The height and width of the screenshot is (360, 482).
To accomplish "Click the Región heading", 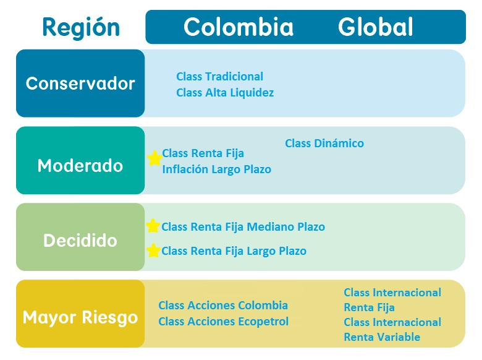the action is (81, 28).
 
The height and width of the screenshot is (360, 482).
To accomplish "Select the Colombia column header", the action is (239, 27).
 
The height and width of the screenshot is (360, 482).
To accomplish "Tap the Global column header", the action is (375, 27).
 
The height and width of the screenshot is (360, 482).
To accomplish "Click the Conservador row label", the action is (80, 84).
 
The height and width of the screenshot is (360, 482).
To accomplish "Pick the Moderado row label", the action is (80, 166).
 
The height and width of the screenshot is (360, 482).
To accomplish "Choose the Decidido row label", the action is (80, 240).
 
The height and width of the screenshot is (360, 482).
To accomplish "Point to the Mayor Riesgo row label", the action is (80, 317).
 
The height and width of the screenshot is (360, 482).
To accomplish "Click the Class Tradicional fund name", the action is (219, 76).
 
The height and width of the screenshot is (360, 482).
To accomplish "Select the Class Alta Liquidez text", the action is (225, 93).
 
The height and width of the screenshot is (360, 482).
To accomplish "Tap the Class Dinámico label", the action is (324, 143).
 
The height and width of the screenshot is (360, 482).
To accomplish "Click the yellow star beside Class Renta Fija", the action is (154, 158).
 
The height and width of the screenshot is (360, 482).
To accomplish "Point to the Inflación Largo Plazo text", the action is (217, 169).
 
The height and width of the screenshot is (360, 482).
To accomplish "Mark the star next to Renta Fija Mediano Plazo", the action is (153, 226).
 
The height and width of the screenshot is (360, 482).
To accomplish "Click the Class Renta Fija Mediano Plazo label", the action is (243, 227).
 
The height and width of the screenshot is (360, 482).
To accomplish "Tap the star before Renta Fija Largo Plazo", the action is (153, 250).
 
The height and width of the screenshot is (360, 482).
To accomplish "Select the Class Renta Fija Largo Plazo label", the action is (234, 251).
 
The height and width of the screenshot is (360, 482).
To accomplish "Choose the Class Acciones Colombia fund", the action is (223, 305).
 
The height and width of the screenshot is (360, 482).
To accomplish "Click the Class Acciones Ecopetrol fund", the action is (224, 322).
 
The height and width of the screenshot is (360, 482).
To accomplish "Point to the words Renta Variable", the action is (382, 337).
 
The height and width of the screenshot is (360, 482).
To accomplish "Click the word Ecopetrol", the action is (263, 322).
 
